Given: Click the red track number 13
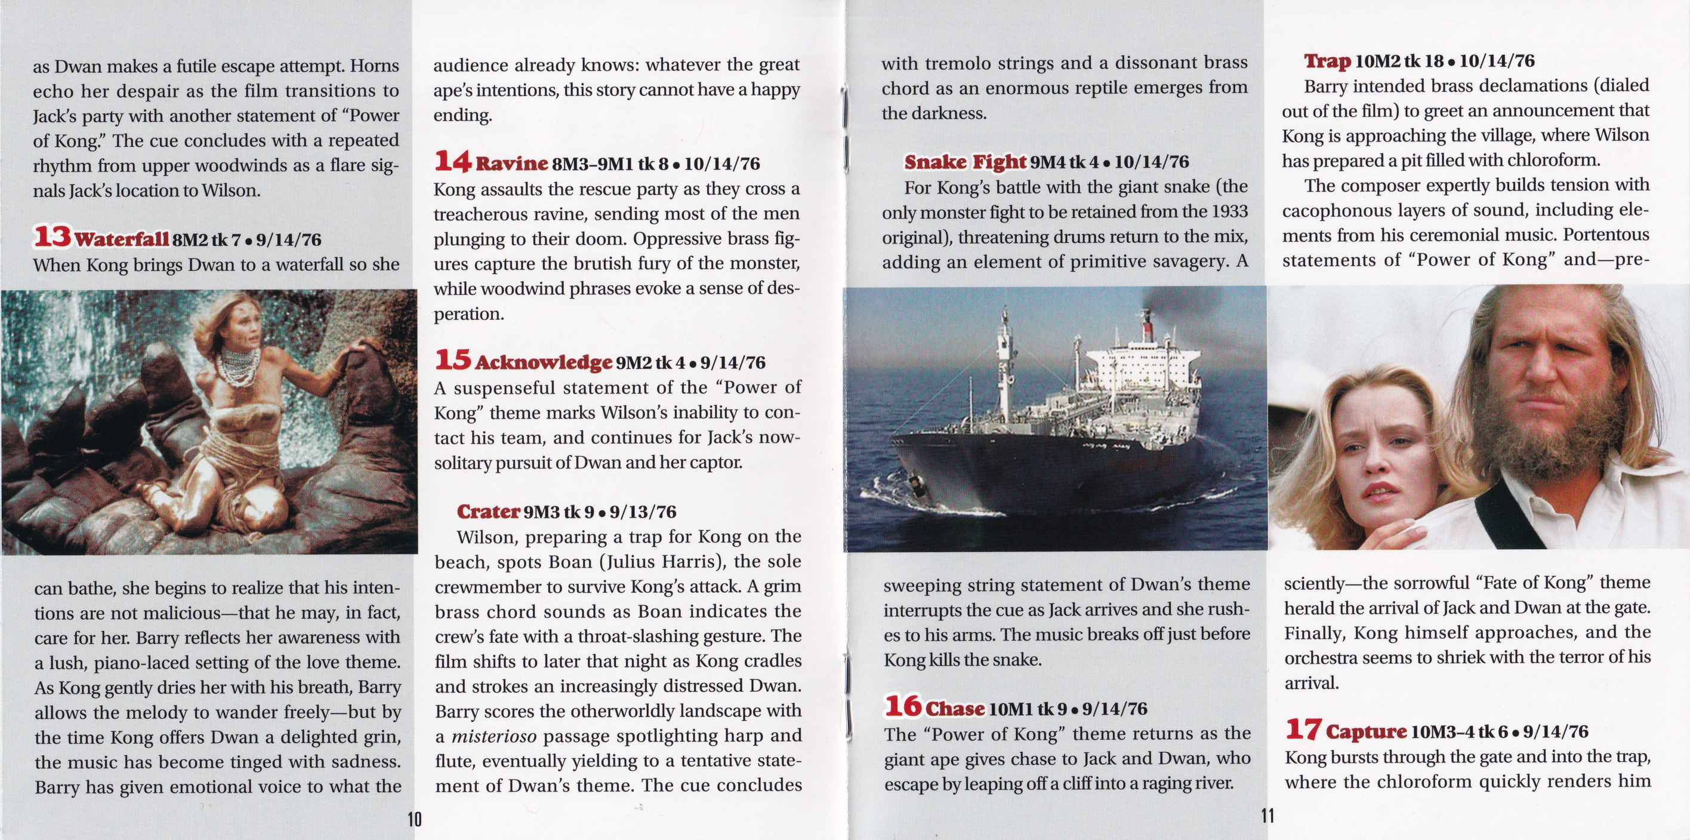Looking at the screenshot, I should pyautogui.click(x=53, y=237).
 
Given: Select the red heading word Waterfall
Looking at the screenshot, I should pyautogui.click(x=122, y=239).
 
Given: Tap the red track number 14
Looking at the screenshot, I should pyautogui.click(x=453, y=161).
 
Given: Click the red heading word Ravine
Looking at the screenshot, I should pyautogui.click(x=512, y=164).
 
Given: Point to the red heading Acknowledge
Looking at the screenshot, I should pyautogui.click(x=544, y=362).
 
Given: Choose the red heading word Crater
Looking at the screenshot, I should pyautogui.click(x=489, y=512).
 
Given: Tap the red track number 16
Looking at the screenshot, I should pyautogui.click(x=903, y=706).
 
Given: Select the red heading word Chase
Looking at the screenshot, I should pyautogui.click(x=955, y=709).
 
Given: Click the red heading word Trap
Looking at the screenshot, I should pyautogui.click(x=1327, y=61).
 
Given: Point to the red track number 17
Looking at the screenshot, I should pyautogui.click(x=1303, y=729).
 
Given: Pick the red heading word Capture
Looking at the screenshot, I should pyautogui.click(x=1367, y=732).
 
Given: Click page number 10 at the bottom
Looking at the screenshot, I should pyautogui.click(x=415, y=819).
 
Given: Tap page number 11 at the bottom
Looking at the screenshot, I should pyautogui.click(x=1267, y=816).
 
